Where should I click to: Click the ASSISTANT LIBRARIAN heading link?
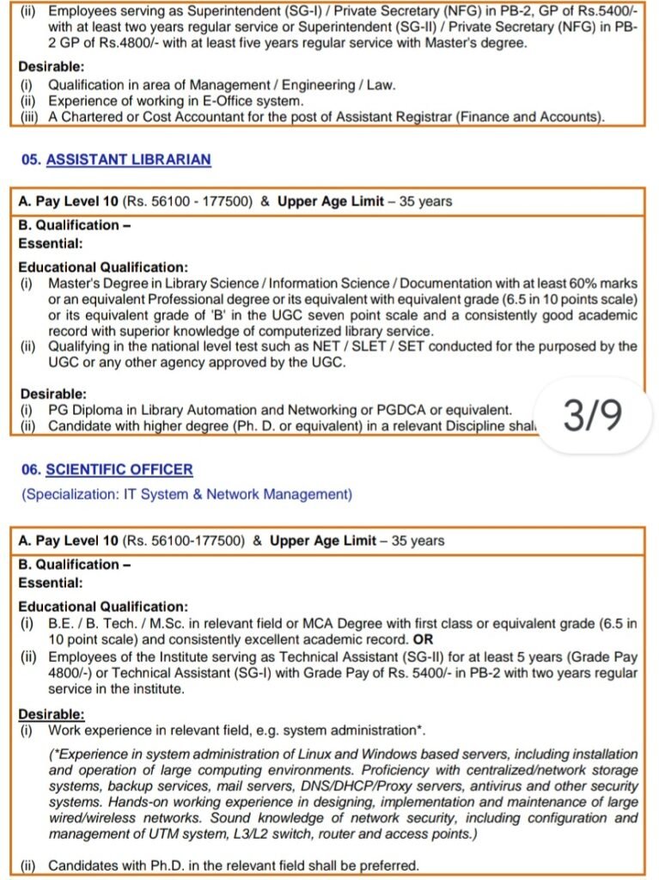(x=128, y=160)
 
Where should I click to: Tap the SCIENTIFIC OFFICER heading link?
(x=119, y=470)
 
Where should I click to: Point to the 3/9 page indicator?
(x=592, y=415)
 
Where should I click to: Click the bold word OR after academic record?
(x=424, y=640)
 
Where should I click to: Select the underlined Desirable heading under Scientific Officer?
(x=52, y=714)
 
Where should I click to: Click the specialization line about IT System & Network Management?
(x=186, y=495)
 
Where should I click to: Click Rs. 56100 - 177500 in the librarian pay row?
(x=187, y=202)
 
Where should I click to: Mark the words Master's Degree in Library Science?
(x=153, y=283)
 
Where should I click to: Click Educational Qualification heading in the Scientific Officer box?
(x=102, y=607)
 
